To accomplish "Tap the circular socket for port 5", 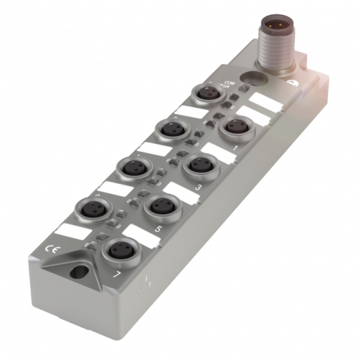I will pos(159,205).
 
